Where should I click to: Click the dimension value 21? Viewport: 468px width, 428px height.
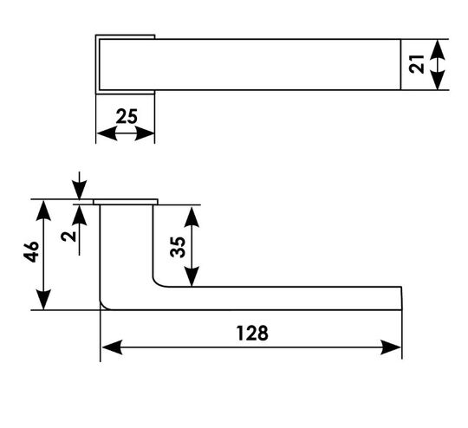(417, 64)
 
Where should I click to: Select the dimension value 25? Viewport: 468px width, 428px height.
(127, 116)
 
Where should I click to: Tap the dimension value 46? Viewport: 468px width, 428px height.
(31, 251)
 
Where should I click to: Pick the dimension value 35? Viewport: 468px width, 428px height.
(178, 247)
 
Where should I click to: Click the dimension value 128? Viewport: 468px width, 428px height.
(252, 333)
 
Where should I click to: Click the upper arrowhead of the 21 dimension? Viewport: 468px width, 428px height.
(438, 50)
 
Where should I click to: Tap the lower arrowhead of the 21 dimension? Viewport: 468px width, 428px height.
(438, 80)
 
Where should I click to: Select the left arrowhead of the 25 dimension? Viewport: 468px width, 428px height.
(107, 133)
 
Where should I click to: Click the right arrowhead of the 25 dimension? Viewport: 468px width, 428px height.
(145, 133)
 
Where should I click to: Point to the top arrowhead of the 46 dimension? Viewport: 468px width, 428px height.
(43, 211)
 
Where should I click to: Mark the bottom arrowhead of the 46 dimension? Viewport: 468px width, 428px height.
(43, 300)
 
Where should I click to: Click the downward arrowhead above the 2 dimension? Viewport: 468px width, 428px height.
(79, 190)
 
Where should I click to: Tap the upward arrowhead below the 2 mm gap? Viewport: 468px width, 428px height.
(79, 215)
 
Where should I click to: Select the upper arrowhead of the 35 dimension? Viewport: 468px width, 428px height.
(192, 217)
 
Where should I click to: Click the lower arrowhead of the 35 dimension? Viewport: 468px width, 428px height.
(192, 276)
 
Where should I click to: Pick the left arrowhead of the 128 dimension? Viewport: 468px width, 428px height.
(112, 347)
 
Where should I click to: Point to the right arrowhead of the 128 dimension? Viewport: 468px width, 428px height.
(391, 347)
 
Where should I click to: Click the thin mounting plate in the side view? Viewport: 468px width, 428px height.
(126, 202)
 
